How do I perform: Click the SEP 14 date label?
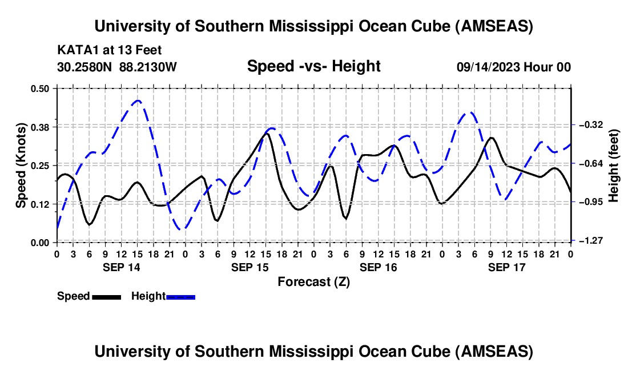click(121, 267)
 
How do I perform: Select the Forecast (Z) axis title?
click(313, 281)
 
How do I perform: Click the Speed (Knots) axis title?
click(21, 165)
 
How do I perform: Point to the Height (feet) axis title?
click(614, 165)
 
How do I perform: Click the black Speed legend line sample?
click(106, 297)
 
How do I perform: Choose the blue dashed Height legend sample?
click(181, 297)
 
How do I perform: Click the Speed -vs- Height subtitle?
click(313, 66)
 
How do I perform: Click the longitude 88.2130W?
click(148, 67)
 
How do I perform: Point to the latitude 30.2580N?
click(86, 67)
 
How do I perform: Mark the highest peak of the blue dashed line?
click(138, 100)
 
